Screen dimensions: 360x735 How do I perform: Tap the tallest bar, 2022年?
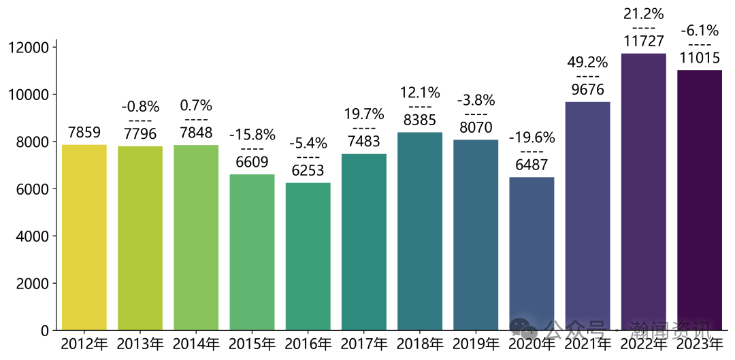pos(643,191)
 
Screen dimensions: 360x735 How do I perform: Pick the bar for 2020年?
pos(532,253)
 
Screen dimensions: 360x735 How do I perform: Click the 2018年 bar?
pos(419,231)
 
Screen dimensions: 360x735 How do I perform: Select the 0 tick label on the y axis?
pos(44,331)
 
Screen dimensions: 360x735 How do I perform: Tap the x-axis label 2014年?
pos(196,344)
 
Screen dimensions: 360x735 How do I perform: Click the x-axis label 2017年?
pos(364,344)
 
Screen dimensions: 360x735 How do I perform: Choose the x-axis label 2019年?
pos(476,344)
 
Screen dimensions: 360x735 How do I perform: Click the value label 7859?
pos(84,132)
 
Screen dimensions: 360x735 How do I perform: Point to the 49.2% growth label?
pos(587,63)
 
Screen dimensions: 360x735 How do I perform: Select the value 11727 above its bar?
pos(643,41)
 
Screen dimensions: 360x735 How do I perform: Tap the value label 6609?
pos(252,162)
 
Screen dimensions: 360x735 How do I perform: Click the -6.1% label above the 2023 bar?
pos(699,31)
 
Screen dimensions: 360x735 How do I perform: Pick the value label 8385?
pos(419,120)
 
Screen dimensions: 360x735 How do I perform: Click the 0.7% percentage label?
pos(196,105)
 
